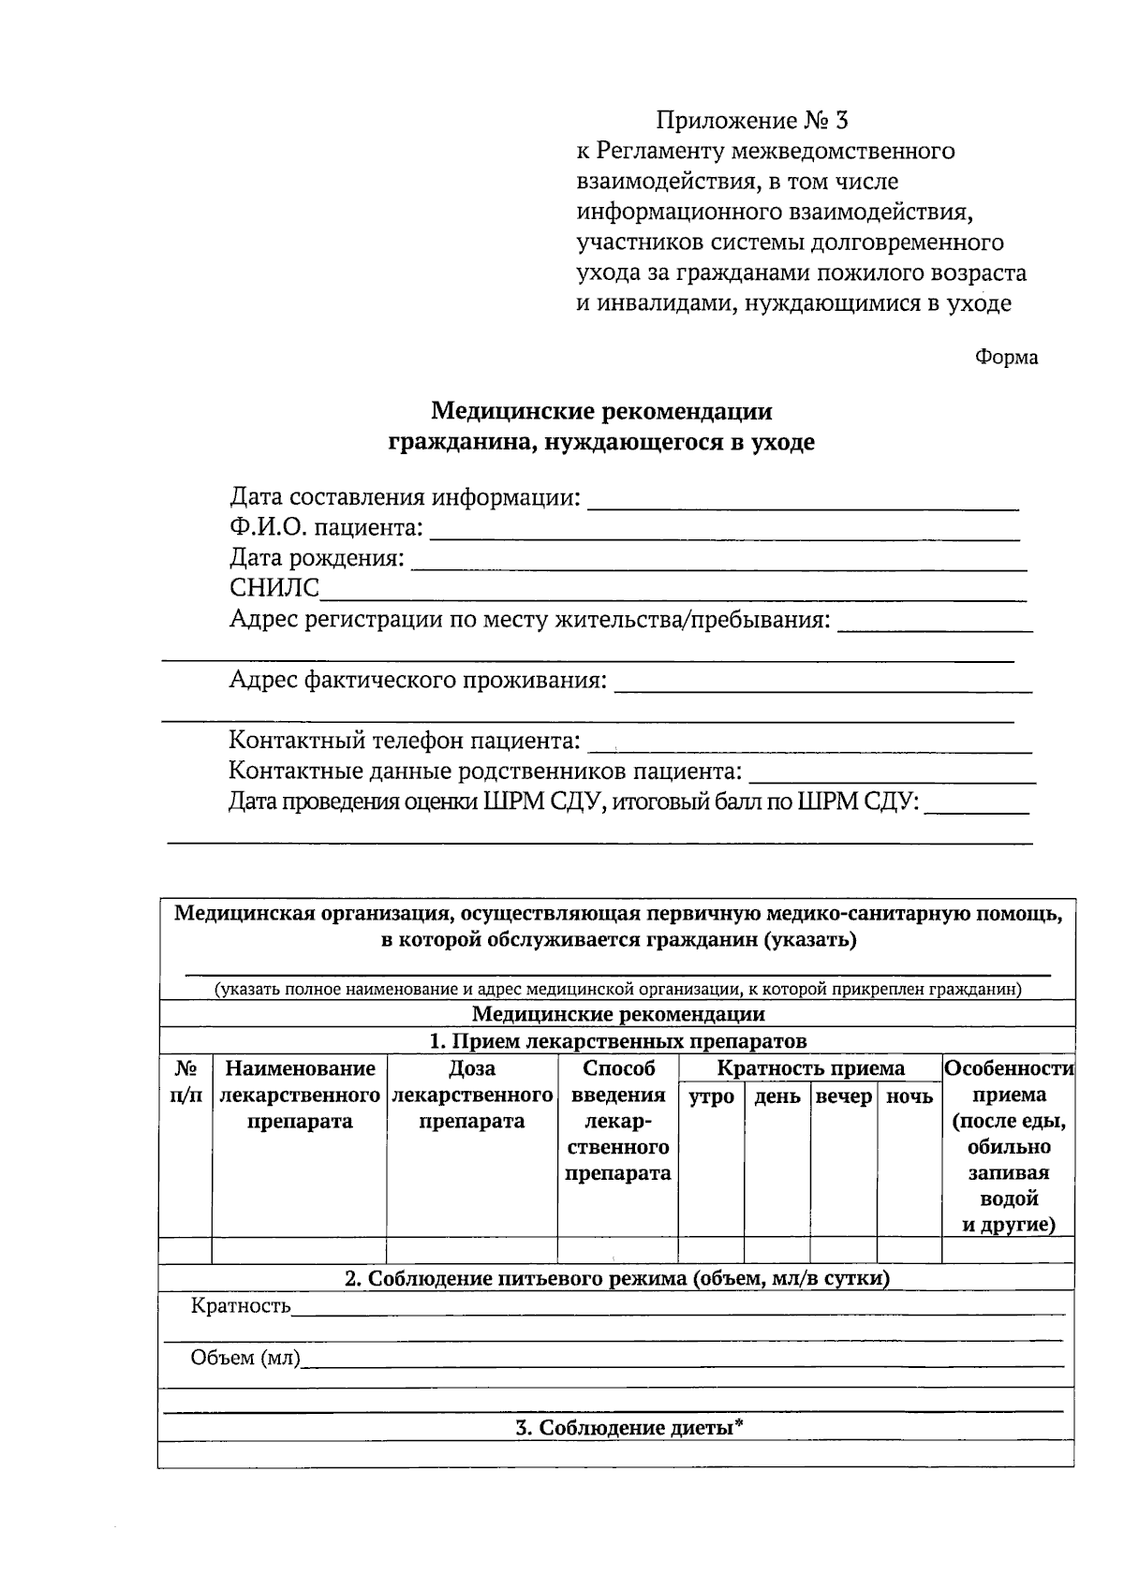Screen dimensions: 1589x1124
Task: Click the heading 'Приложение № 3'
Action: (751, 121)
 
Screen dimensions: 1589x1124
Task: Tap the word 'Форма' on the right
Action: (1006, 358)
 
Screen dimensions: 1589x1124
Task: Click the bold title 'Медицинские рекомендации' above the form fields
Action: (601, 412)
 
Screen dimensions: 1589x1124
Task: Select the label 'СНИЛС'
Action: (274, 588)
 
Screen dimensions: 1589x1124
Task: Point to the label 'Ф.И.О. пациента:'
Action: (326, 528)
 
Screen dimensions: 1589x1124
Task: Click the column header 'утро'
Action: (711, 1096)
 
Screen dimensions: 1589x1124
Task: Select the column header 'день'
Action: (776, 1096)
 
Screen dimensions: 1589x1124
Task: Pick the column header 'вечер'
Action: (843, 1096)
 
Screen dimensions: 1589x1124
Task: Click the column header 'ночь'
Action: (909, 1096)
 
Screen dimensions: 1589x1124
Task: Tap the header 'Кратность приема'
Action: (810, 1069)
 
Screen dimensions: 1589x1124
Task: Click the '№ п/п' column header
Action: (185, 1081)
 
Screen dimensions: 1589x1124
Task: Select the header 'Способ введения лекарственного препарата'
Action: (617, 1121)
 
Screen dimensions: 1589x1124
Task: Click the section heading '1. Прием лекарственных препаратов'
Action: (617, 1041)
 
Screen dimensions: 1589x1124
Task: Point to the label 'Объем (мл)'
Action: (245, 1358)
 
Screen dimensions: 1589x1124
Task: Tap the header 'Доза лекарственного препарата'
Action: (471, 1095)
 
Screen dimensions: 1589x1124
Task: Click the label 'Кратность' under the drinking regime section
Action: (241, 1306)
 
